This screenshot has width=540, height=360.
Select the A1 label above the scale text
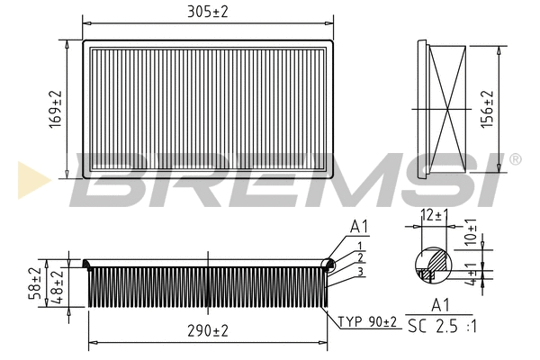[442, 306]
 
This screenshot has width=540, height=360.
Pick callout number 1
[360, 246]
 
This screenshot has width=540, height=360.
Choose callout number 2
[360, 257]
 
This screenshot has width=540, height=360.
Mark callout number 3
[360, 271]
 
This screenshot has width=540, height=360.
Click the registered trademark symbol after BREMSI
[515, 159]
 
